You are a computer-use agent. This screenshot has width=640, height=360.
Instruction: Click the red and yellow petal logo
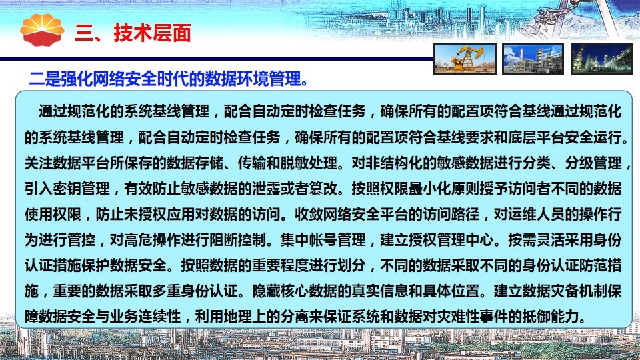42,30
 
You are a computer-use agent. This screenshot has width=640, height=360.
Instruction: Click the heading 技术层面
152,33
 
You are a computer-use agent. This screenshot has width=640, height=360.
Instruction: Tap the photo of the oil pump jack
465,59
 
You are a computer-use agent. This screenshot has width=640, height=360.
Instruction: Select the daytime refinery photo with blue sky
533,59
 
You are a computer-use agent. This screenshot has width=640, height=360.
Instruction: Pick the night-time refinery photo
601,59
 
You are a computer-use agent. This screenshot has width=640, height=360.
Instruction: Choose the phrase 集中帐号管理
323,240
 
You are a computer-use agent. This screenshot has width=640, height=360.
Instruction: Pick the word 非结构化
394,163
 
